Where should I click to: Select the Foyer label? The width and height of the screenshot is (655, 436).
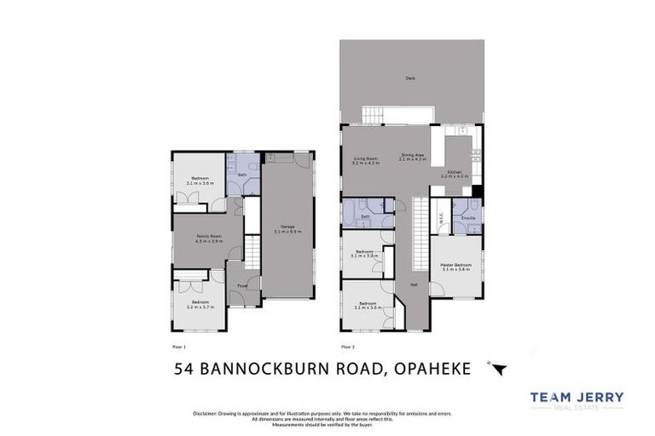242,286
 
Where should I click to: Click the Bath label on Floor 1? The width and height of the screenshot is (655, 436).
242,175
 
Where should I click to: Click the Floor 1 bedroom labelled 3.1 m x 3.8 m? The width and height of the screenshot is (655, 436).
199,181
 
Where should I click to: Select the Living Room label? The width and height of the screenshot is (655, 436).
366,159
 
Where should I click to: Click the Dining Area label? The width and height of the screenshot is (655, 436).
413,157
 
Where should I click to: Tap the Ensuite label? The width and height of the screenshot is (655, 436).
468,218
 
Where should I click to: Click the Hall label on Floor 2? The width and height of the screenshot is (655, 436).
414,284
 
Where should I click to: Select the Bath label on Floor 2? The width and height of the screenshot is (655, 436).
365,217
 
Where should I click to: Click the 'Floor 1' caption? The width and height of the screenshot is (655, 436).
179,347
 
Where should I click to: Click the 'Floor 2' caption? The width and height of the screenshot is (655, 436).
348,347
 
